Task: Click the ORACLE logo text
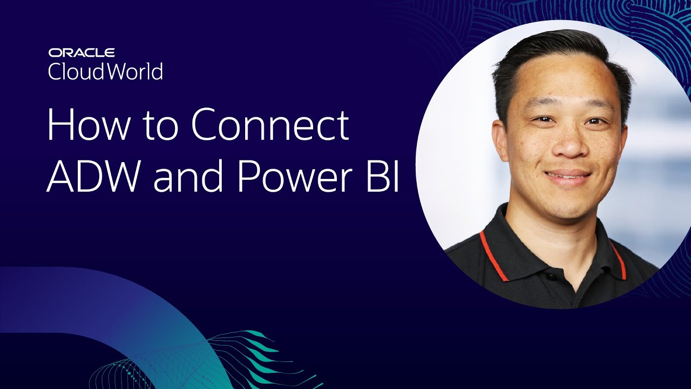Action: pyautogui.click(x=82, y=52)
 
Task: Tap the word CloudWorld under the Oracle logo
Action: pyautogui.click(x=105, y=71)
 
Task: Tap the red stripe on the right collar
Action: pyautogui.click(x=619, y=259)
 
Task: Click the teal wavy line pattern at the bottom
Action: pyautogui.click(x=254, y=357)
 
